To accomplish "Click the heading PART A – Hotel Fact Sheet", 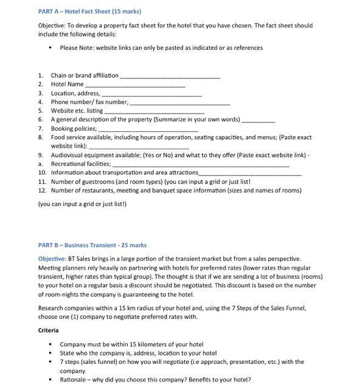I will click(89, 12).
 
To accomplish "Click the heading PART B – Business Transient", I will click(92, 245).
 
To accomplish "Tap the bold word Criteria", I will click(48, 330).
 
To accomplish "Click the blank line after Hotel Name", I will click(135, 85).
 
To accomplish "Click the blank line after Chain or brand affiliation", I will click(170, 77).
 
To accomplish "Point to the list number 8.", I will click(40, 137).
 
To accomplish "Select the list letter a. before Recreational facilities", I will click(40, 163).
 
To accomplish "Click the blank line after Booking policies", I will click(148, 129).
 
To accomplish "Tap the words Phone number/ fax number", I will click(89, 102).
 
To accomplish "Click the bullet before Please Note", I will click(50, 48).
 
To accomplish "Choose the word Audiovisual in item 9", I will click(67, 155).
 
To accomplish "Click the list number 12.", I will click(42, 190).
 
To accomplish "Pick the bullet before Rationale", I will click(50, 380).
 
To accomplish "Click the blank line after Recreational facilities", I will click(201, 165).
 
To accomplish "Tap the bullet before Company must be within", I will click(50, 344).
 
